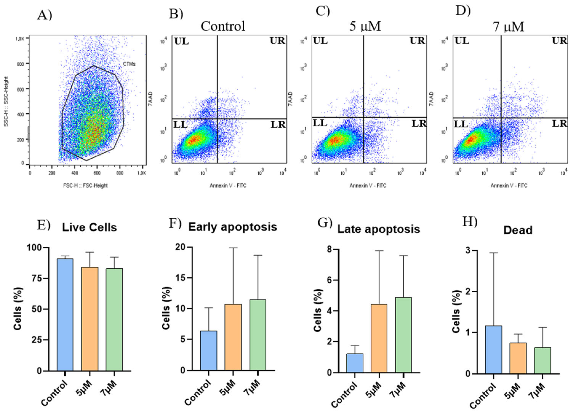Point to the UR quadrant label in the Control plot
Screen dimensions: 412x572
(x=277, y=41)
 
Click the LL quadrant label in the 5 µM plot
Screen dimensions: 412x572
(x=320, y=123)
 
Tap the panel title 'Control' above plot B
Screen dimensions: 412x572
(x=223, y=26)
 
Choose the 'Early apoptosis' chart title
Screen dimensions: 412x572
(x=233, y=227)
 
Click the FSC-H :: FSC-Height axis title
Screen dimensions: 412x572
(x=85, y=186)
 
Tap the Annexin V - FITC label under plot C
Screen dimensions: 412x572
(x=367, y=186)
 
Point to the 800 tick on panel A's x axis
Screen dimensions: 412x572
(x=120, y=173)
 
